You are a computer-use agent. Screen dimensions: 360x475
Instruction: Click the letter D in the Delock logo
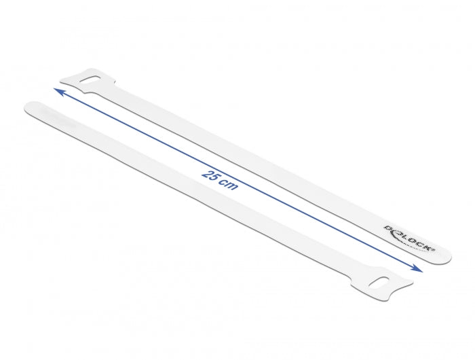point(389,228)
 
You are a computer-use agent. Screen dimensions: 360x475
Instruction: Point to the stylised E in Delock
point(397,232)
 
